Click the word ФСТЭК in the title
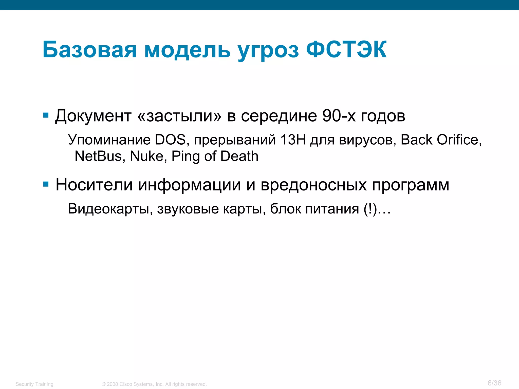coord(346,50)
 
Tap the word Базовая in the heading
coord(89,50)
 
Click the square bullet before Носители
coord(46,184)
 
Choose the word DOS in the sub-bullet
coord(171,140)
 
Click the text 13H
coord(293,140)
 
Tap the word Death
coord(239,156)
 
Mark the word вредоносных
coord(314,185)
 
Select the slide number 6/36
coord(494,383)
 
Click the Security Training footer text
coord(34,384)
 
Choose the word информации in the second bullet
coord(189,185)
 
